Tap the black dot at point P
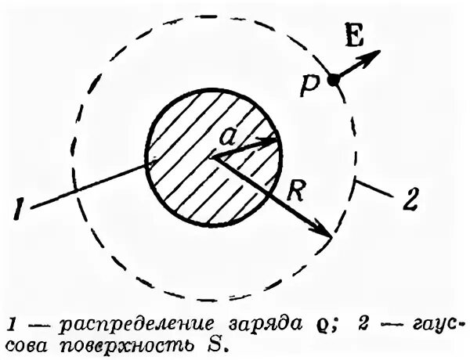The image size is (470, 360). coord(333,79)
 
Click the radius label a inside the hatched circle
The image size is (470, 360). coord(228,137)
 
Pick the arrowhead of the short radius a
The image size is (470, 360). coord(273,141)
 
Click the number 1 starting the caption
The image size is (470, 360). coord(9,323)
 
